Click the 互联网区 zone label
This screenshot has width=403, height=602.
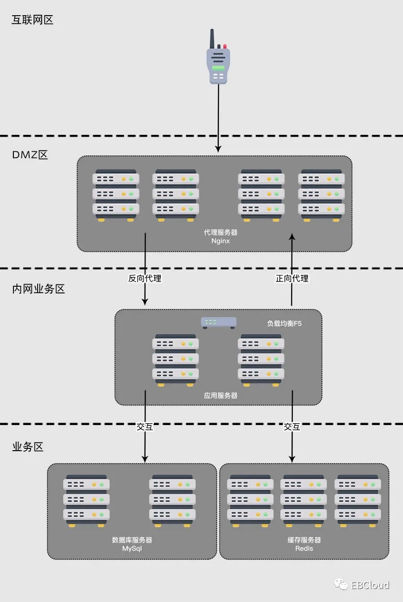[32, 20]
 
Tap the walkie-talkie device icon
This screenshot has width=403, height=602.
[218, 58]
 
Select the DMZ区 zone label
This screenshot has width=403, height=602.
[30, 155]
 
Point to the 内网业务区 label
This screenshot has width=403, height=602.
[39, 289]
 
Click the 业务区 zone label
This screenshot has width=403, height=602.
[28, 447]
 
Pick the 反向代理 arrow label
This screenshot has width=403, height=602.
[145, 279]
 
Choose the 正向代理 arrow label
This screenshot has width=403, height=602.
[292, 279]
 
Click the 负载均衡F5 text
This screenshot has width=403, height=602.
[284, 323]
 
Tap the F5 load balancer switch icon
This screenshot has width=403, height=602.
[219, 322]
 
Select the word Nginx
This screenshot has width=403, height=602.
[221, 241]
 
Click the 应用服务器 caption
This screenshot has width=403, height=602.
[221, 396]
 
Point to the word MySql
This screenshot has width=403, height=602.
[132, 549]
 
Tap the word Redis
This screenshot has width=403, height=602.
[304, 549]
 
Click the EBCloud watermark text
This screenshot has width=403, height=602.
[370, 585]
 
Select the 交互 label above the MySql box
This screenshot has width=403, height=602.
[145, 427]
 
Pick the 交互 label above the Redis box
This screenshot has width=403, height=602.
[292, 427]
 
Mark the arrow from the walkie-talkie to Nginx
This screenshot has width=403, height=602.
[219, 119]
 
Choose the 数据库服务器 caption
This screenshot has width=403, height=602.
[132, 540]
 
